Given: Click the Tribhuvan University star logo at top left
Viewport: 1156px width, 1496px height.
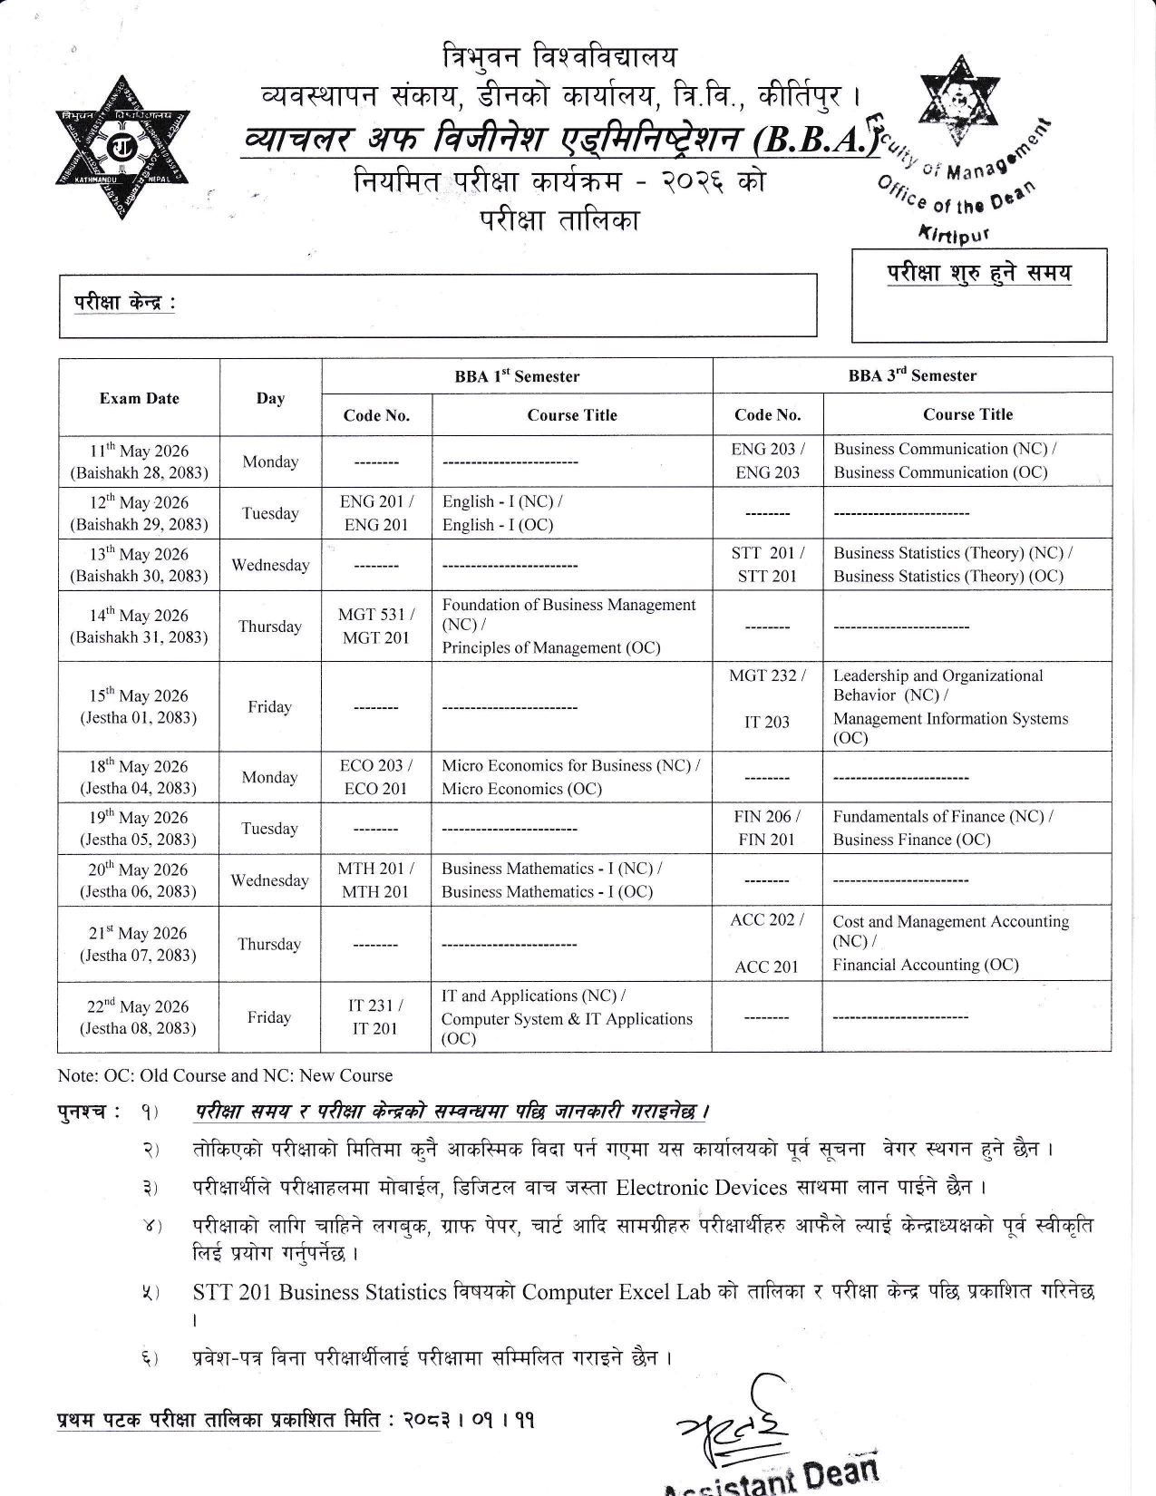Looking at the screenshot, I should coord(122,146).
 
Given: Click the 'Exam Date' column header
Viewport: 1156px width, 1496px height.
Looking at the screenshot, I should coord(139,398).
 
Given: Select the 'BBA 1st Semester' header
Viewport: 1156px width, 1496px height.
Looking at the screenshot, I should coord(517,376).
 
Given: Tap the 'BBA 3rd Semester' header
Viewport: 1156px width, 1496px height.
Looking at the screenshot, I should coord(912,375).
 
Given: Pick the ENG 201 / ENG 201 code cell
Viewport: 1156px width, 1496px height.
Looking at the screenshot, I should coord(376,513).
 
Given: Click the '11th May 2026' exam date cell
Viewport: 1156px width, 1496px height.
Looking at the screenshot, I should coord(139,461).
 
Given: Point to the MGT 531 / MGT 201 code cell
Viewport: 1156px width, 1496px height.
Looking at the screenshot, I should coord(376,627).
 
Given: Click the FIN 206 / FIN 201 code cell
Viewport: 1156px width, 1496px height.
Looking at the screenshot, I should coord(767,828).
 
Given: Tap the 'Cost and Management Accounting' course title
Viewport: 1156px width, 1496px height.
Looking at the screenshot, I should coord(950,931).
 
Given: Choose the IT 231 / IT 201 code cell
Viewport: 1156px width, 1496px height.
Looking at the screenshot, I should coord(375,1017).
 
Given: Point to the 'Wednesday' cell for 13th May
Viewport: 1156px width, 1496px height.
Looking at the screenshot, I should coord(270,566).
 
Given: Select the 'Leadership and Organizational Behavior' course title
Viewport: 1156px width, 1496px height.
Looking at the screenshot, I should coord(938,685).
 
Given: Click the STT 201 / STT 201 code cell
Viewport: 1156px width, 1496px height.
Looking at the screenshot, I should coord(767,565).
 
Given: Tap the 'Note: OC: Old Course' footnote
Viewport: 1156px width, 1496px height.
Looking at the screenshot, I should coord(225,1075).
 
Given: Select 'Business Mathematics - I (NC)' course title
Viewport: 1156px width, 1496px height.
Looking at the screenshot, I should coord(551,869).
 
